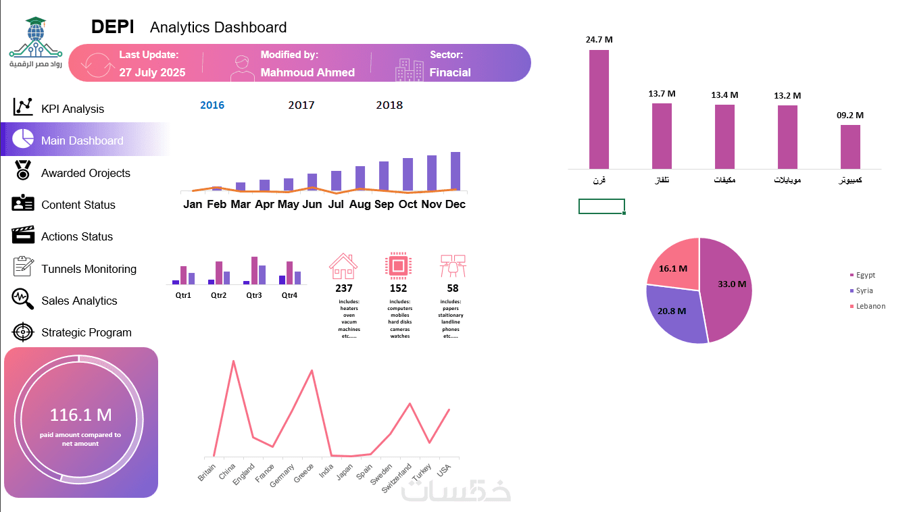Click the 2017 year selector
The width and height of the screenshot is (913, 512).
pos(301,105)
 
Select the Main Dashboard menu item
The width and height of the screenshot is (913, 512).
pos(82,140)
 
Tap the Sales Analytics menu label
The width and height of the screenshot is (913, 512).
pos(79,301)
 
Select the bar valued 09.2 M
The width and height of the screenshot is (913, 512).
pos(850,147)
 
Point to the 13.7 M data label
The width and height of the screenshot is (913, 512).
pos(662,94)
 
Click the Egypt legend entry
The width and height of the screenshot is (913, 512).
pos(865,275)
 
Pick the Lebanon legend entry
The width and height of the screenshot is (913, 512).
pos(870,306)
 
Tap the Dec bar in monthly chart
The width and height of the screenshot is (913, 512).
pos(455,172)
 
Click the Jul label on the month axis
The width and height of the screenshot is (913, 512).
pos(336,204)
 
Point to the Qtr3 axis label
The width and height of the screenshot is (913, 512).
pos(254,295)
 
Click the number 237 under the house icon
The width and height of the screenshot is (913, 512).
pos(344,288)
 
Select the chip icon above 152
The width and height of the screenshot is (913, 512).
pos(398,265)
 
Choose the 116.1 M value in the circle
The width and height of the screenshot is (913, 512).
pos(80,415)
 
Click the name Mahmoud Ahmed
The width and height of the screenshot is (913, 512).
pos(307,72)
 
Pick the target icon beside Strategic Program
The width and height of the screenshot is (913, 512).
pos(23,332)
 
